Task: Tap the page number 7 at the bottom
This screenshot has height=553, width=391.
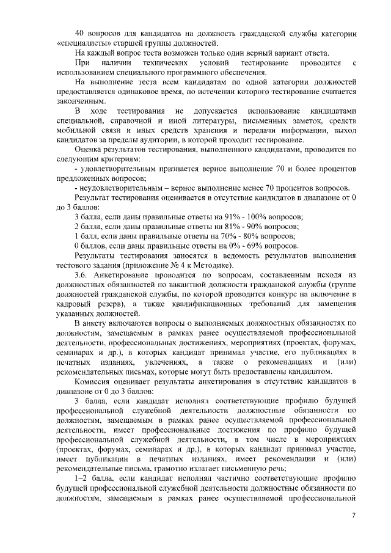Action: pos(354,516)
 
